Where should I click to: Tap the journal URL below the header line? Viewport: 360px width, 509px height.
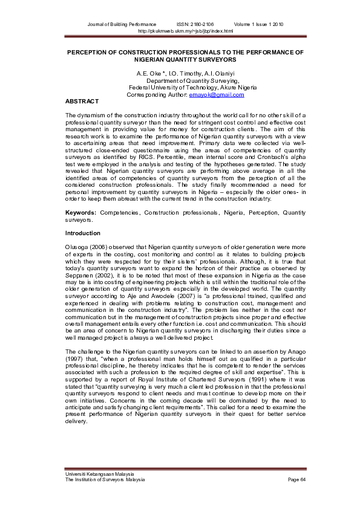(x=185, y=30)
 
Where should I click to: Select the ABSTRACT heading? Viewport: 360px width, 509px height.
(x=81, y=101)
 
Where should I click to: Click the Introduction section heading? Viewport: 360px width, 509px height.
(x=83, y=233)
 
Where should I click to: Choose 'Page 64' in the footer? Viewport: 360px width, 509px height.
(x=297, y=479)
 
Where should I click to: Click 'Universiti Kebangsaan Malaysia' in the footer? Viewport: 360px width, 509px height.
(x=100, y=474)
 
